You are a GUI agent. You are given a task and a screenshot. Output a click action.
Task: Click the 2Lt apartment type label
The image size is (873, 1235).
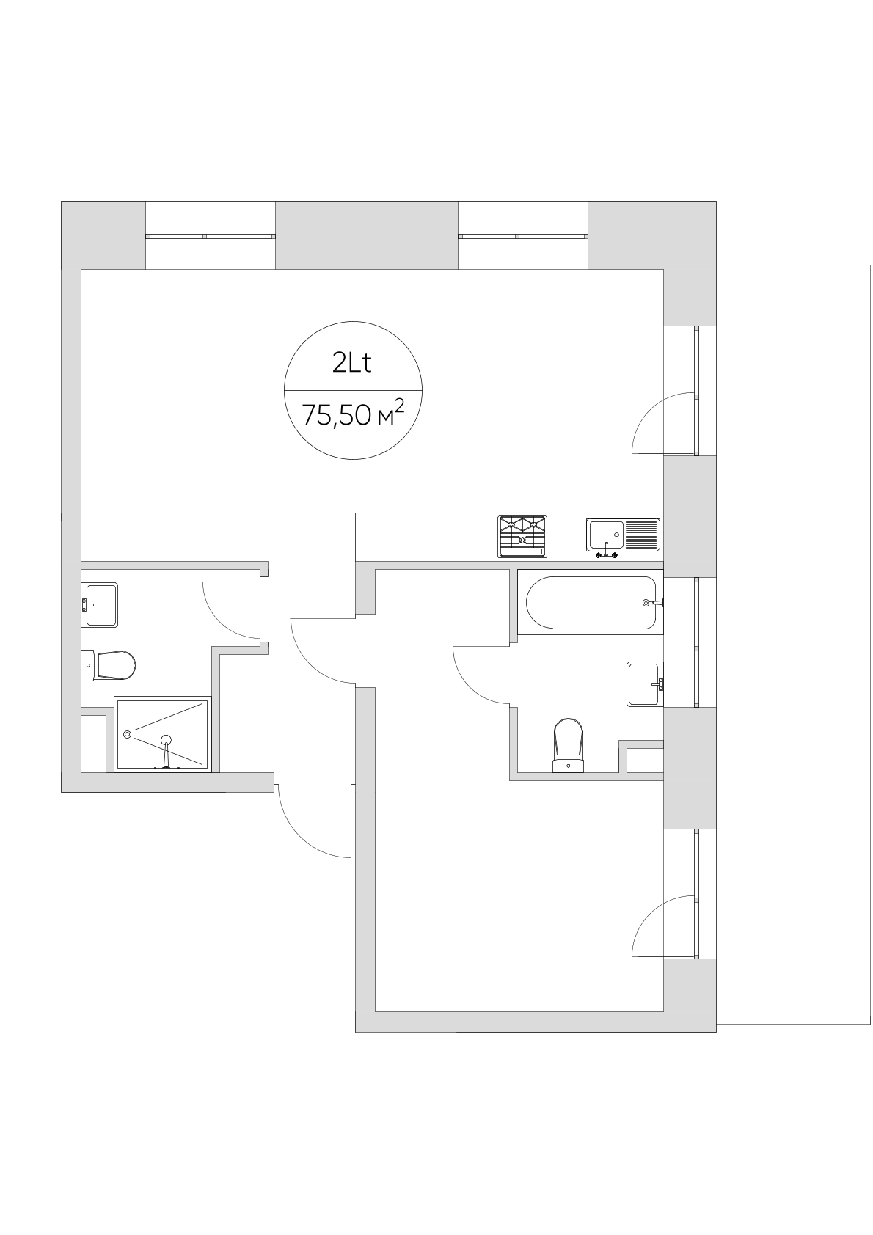[352, 364]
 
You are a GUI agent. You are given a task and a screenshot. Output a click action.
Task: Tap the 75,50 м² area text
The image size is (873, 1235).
[353, 414]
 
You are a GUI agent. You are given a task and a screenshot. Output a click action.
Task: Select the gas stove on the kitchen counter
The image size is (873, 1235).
[522, 536]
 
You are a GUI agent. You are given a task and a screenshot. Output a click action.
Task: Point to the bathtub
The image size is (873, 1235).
[591, 602]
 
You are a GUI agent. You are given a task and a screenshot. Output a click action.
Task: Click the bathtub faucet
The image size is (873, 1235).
[653, 603]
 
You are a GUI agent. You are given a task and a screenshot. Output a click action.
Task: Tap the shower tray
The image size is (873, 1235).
[163, 734]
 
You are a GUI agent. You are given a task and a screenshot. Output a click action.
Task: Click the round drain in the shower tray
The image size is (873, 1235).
[128, 734]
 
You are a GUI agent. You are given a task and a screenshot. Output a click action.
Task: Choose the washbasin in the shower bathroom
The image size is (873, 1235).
[99, 605]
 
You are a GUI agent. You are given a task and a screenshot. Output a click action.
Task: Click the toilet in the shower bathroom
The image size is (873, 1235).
[108, 665]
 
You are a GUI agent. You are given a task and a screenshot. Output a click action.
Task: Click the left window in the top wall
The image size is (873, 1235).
[210, 236]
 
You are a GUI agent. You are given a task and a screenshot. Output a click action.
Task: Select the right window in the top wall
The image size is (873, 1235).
[523, 236]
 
